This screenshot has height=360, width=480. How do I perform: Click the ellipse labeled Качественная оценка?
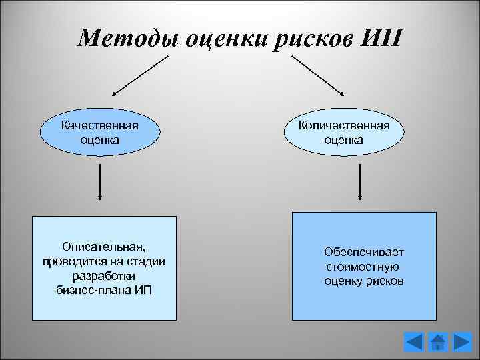click(99, 133)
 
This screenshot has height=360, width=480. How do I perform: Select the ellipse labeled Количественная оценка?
click(344, 133)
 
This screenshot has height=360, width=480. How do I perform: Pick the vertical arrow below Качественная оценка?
click(100, 181)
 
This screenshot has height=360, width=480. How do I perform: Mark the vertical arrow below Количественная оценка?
click(360, 181)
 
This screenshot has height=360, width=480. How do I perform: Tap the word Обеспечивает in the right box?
click(364, 253)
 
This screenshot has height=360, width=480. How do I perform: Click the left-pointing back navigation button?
click(414, 342)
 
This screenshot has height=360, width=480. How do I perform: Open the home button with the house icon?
click(438, 342)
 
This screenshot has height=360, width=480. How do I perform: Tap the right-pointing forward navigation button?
click(462, 342)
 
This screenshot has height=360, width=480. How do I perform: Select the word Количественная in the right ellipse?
click(344, 125)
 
